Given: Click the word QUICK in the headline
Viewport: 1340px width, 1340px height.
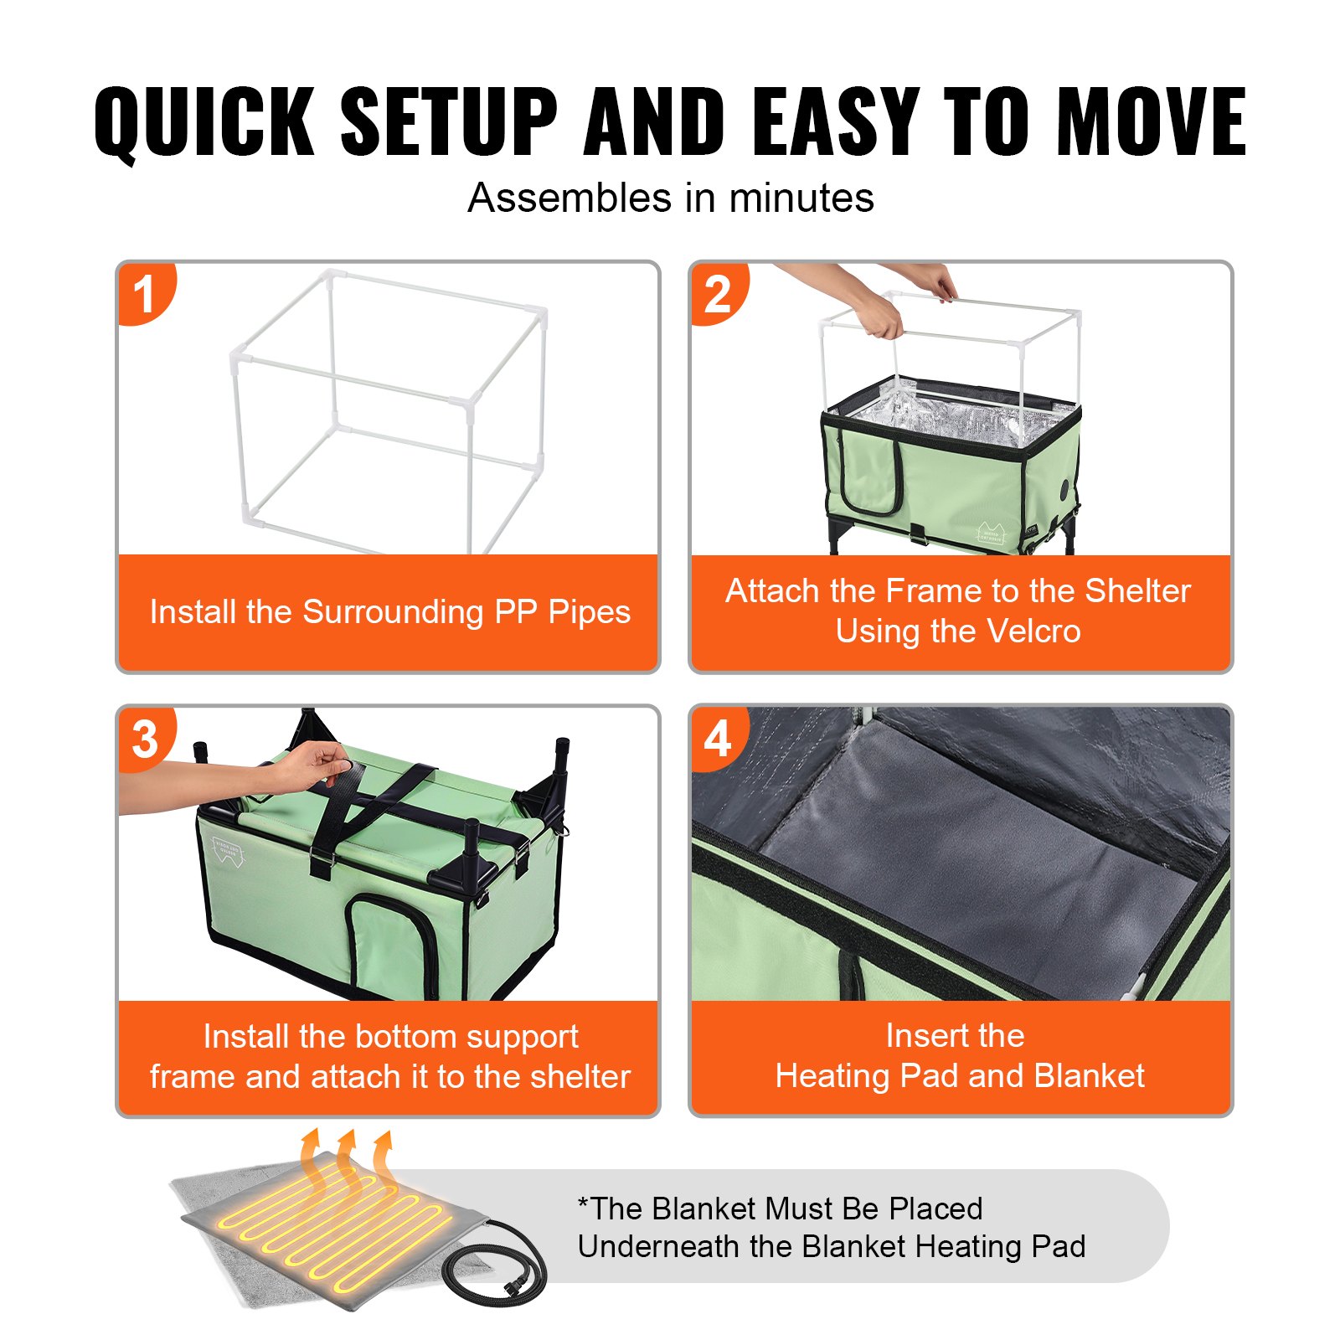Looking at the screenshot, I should (204, 121).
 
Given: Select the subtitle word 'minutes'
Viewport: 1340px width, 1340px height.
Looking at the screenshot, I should (801, 198).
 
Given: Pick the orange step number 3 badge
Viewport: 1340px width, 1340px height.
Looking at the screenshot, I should (145, 739).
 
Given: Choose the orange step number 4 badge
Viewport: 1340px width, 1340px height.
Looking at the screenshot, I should (717, 739).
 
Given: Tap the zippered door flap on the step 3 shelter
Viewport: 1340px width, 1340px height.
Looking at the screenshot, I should (389, 942).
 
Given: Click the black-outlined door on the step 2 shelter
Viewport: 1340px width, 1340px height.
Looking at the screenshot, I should (871, 477).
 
